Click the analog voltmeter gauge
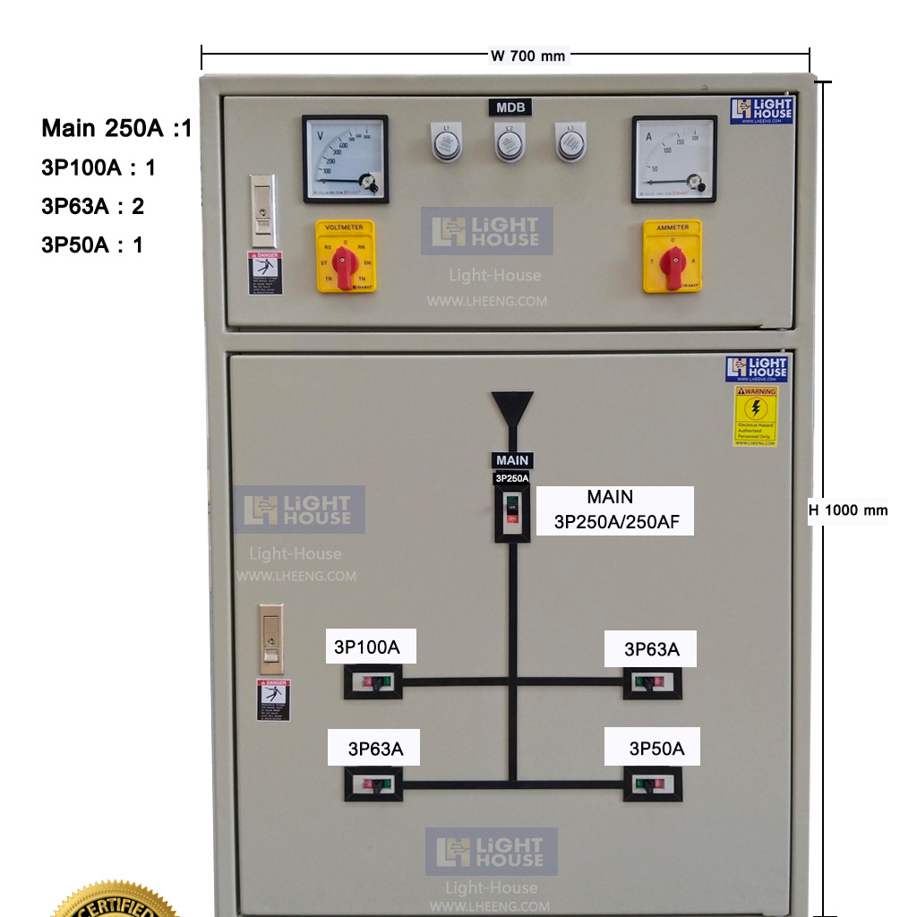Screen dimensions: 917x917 point(345,159)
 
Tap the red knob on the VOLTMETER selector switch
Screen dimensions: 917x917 point(344,261)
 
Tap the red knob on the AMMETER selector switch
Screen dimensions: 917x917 point(673,262)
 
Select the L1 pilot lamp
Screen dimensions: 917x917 point(447,143)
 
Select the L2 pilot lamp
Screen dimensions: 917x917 point(510,143)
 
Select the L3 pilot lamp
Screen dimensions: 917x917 point(570,143)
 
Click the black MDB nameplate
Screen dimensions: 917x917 point(510,108)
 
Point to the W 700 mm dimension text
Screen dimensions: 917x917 point(528,56)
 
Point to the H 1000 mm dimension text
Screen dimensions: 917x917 point(848,510)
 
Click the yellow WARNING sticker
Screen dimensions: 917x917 point(757,416)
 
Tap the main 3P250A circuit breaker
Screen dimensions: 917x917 point(512,513)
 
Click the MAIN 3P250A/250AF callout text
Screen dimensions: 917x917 point(614,510)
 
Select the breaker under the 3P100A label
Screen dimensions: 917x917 point(373,683)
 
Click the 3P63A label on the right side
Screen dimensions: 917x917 point(652,649)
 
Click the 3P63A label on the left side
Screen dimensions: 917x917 point(375,749)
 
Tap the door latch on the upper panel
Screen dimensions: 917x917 point(261,210)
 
